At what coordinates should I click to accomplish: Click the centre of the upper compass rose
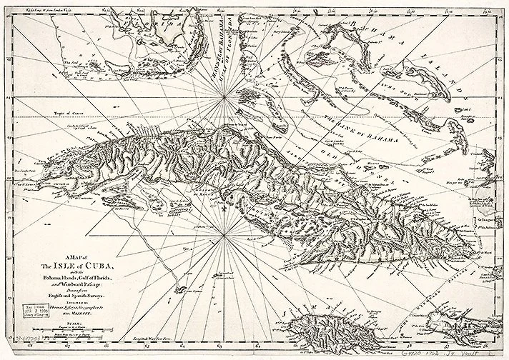pos(225,96)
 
